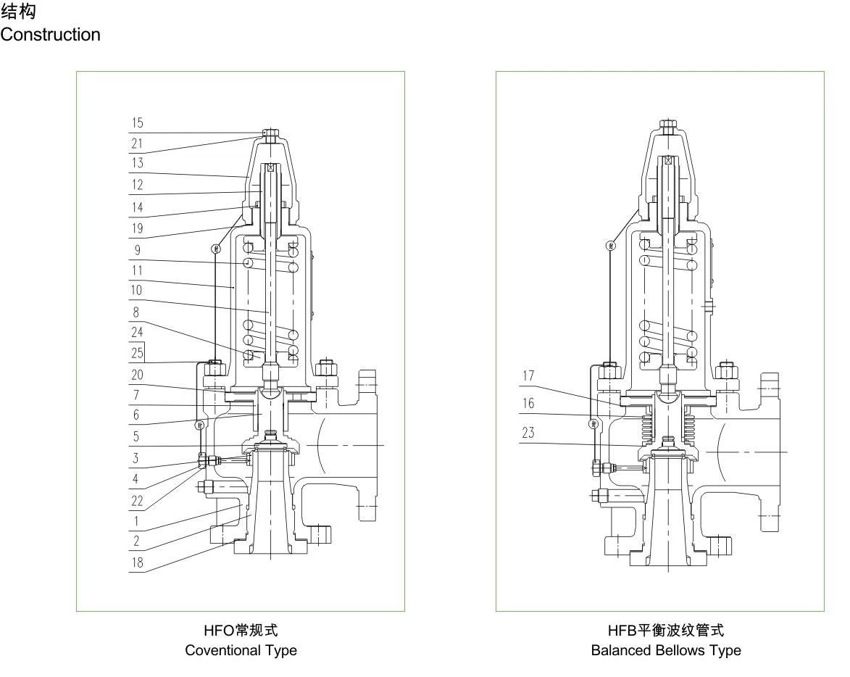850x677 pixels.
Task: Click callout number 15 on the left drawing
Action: [137, 122]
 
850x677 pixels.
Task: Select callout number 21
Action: [137, 144]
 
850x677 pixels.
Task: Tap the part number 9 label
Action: [137, 252]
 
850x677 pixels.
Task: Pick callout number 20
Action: [137, 375]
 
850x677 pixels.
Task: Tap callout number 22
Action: [137, 500]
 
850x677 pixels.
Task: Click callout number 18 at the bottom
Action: [137, 562]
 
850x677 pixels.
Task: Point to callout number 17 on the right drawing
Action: [528, 377]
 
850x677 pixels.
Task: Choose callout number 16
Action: [528, 402]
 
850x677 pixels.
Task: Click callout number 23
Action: [528, 433]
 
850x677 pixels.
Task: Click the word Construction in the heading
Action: [51, 34]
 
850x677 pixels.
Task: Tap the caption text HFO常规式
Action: [241, 631]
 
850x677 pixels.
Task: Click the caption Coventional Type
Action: [241, 650]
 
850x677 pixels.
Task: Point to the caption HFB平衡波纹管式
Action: [666, 631]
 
